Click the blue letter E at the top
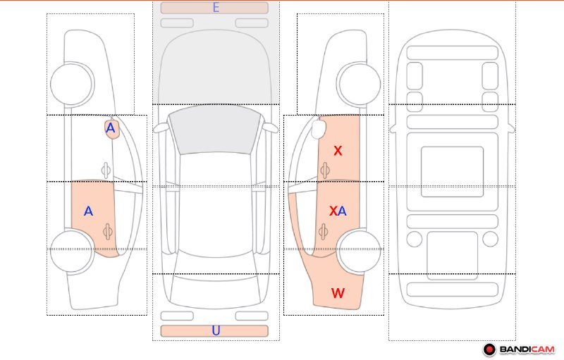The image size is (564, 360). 216,7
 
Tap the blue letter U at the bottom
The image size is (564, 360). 216,330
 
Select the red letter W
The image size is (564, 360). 338,293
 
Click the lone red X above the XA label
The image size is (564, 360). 338,151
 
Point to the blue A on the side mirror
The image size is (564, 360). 111,128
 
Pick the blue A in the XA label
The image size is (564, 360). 342,211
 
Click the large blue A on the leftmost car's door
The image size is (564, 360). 88,211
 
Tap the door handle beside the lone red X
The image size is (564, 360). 325,170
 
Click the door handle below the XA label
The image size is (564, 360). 324,232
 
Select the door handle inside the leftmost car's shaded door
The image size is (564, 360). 108,232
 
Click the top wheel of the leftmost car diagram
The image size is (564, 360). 73,84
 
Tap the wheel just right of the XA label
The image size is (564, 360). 359,252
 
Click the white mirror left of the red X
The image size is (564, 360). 319,130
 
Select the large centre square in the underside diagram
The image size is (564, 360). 452,172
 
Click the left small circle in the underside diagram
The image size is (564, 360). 415,240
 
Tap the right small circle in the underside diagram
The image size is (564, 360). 490,240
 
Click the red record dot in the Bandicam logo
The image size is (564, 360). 489,349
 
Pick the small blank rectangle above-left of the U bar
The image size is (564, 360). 177,316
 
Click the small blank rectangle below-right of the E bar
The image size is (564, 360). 252,23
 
